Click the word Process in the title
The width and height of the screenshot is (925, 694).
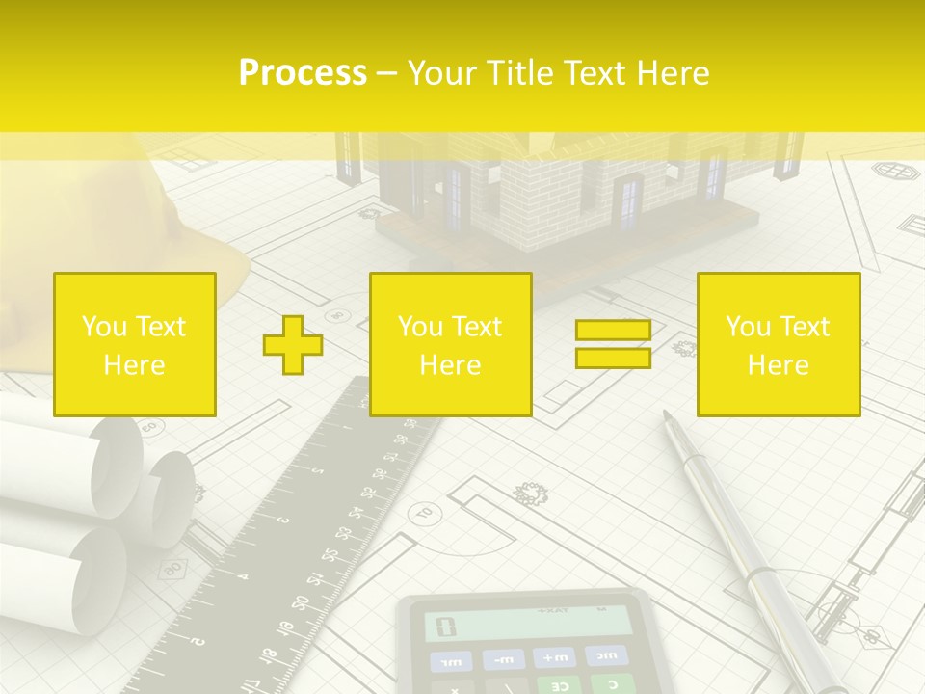coord(303,72)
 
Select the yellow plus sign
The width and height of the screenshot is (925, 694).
coord(293,345)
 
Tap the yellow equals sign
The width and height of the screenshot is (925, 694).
coord(613,344)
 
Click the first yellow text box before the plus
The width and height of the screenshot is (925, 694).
coord(135,345)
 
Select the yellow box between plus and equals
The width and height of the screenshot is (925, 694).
coord(451,345)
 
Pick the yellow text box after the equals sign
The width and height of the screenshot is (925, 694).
coord(779,345)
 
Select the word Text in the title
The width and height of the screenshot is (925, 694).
coord(590,72)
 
